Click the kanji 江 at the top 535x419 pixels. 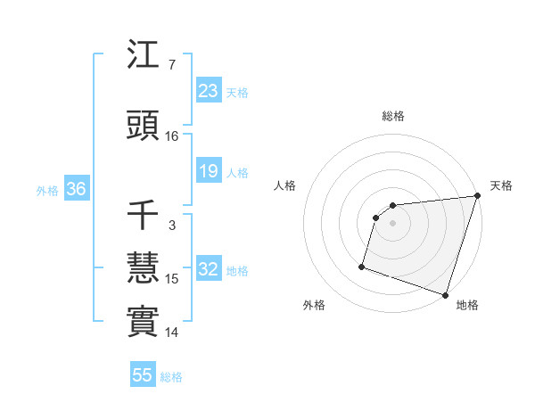[x=143, y=57]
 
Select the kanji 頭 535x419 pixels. [x=143, y=127]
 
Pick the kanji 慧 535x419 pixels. [x=143, y=269]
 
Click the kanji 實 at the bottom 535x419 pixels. [x=143, y=323]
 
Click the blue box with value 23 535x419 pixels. [x=208, y=91]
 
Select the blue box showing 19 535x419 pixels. [x=208, y=171]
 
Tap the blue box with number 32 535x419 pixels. [x=208, y=270]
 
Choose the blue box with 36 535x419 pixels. [x=76, y=189]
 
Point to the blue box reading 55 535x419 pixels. [x=143, y=375]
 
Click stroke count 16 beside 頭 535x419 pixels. [x=172, y=136]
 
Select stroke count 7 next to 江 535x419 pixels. [x=171, y=65]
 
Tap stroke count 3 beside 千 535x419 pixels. [x=171, y=226]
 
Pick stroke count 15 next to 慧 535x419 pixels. [x=172, y=279]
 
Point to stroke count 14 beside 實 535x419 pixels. [x=172, y=333]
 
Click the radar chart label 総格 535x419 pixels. [x=392, y=116]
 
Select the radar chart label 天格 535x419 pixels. [x=501, y=185]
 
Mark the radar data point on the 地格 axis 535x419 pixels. [x=445, y=294]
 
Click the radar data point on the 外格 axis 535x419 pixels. [x=362, y=266]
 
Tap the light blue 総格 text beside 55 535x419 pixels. [x=171, y=377]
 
